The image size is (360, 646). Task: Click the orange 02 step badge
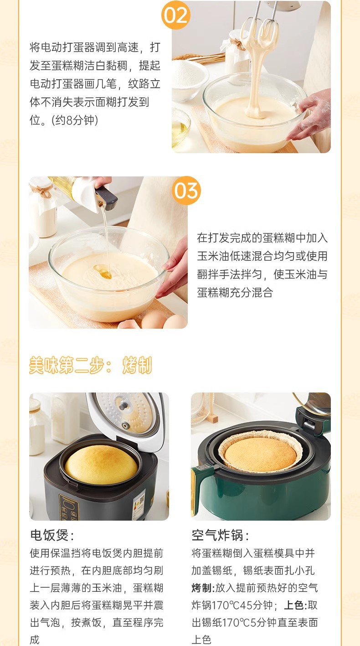tap(175, 15)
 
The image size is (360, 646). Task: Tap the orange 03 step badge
tap(186, 191)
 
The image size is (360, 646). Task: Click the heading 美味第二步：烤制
tap(91, 365)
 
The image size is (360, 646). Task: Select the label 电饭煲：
tap(52, 535)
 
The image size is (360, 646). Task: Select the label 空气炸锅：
tap(220, 535)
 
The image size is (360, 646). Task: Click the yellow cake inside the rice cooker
tap(101, 464)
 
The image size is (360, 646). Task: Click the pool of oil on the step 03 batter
tap(103, 272)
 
